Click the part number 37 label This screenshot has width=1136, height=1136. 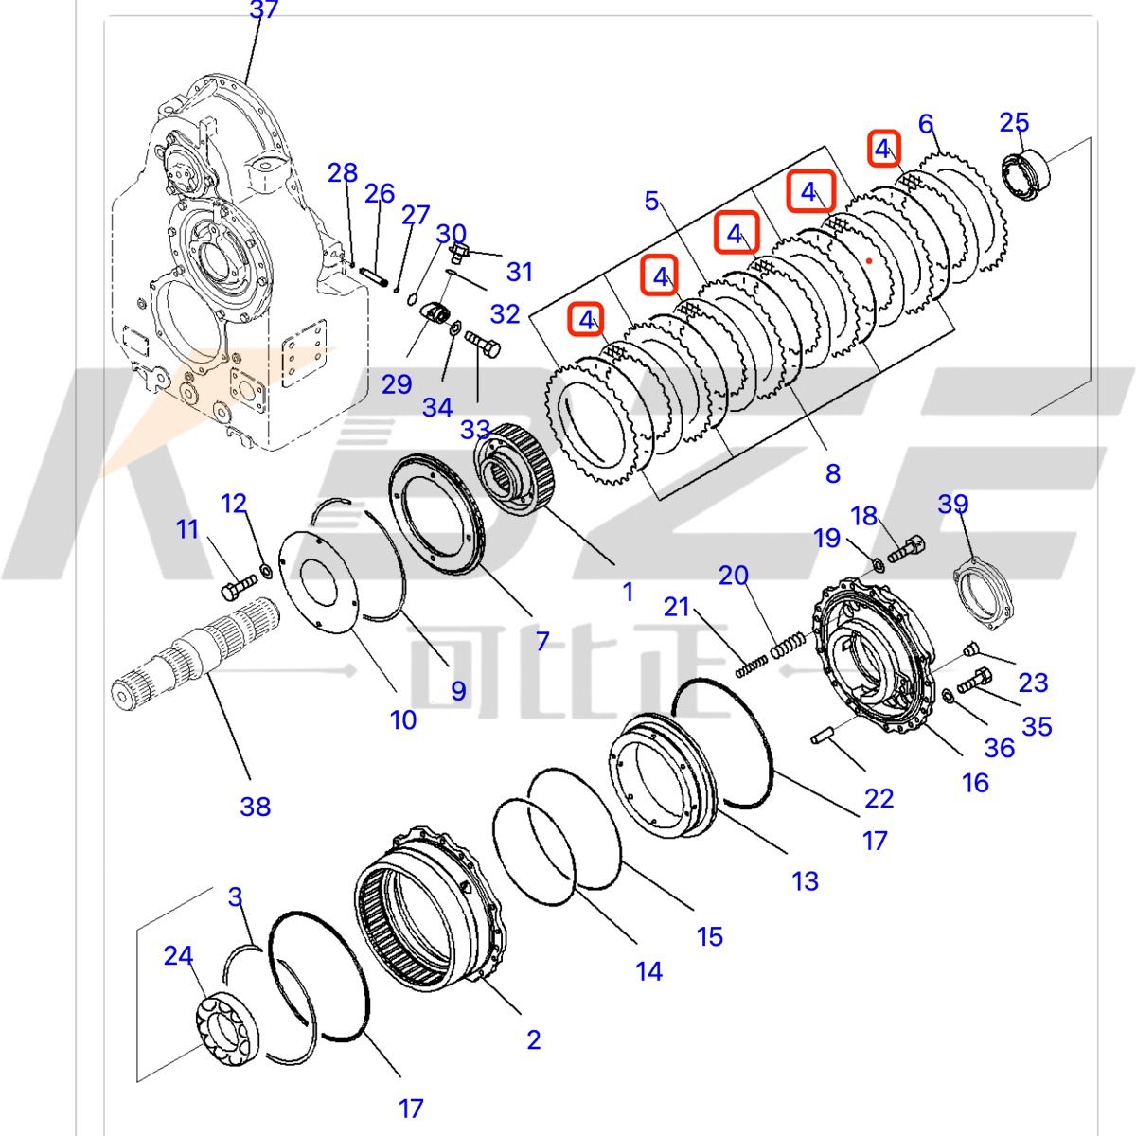264,10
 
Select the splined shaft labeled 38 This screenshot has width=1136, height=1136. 194,653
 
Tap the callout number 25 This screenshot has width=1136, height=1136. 1014,122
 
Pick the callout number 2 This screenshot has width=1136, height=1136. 534,1039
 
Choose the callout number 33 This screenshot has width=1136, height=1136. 475,430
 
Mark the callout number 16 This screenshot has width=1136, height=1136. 975,783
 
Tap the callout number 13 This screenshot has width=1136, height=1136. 805,881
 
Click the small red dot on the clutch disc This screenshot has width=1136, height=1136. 869,257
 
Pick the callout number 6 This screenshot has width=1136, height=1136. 926,124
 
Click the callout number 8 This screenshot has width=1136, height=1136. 832,473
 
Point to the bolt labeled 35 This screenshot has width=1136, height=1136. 974,681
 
